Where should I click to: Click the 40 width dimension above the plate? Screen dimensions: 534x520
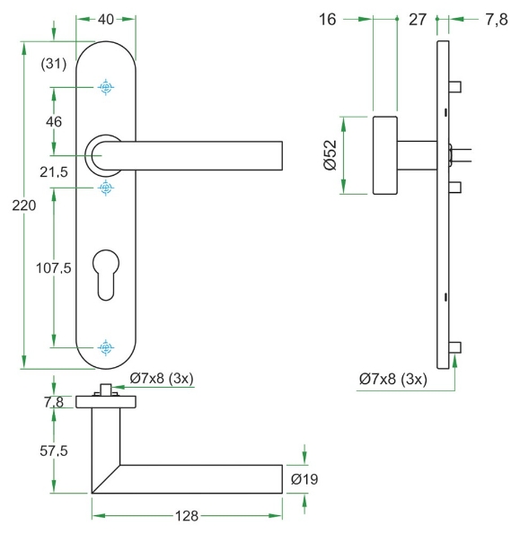pos(106,18)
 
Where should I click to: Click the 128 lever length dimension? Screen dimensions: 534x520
pos(185,516)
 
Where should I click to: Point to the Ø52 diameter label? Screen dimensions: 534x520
pos(330,155)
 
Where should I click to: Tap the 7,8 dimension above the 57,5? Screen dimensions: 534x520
pos(54,403)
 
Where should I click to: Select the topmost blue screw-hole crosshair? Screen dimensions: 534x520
pos(106,87)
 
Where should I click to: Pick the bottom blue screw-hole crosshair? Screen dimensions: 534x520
pos(106,346)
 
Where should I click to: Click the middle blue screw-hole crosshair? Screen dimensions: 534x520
pos(106,187)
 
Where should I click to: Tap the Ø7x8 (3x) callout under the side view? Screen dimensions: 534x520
pos(393,379)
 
